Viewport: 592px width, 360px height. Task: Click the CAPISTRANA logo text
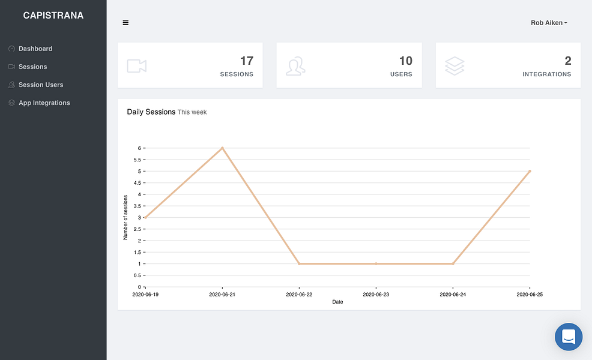pos(53,16)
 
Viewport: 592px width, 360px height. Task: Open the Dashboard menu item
pos(35,49)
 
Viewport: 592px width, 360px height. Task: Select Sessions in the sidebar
pos(33,67)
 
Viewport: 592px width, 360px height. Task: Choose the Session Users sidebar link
pos(41,85)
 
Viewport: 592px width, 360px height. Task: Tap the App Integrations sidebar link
pos(44,103)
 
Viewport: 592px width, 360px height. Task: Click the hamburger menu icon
pos(125,23)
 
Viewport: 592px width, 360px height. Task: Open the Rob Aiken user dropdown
pos(549,23)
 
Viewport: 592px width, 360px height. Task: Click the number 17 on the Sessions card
pos(247,61)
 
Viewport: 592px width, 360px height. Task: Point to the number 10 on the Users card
pos(406,61)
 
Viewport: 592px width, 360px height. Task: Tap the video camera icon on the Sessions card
pos(137,65)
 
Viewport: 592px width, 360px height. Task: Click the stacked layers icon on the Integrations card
pos(455,65)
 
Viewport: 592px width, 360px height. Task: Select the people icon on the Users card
pos(295,66)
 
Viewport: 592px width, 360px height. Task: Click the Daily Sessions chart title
pos(151,112)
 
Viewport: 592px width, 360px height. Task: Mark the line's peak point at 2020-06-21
pos(222,148)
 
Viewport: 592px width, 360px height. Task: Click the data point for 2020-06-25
pos(530,172)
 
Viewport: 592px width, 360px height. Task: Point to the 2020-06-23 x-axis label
pos(376,295)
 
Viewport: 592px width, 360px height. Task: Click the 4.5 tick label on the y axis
pos(137,183)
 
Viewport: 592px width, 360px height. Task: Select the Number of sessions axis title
pos(125,217)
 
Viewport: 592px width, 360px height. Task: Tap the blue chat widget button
pos(569,337)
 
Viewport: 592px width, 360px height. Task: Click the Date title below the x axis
pos(337,302)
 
